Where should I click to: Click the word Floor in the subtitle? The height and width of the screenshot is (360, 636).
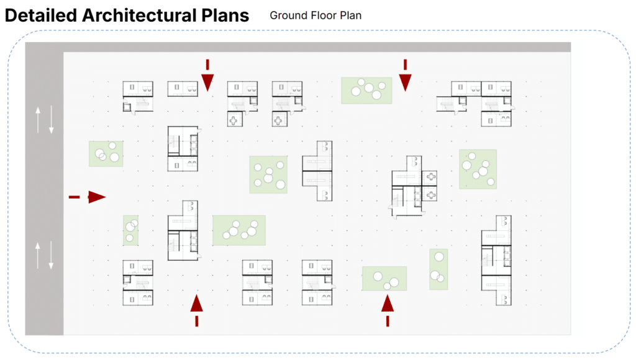click(322, 15)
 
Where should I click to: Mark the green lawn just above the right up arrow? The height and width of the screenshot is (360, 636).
click(384, 279)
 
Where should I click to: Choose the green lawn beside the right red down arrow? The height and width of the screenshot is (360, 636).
click(366, 91)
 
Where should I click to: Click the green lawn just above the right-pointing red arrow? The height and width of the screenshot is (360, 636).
click(106, 153)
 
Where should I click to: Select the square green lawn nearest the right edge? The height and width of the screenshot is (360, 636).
click(478, 169)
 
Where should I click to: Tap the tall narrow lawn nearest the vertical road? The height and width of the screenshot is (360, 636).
click(130, 230)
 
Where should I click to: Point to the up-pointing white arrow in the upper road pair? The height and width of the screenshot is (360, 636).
click(38, 120)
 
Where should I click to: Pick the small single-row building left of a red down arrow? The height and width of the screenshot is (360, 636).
click(182, 89)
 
